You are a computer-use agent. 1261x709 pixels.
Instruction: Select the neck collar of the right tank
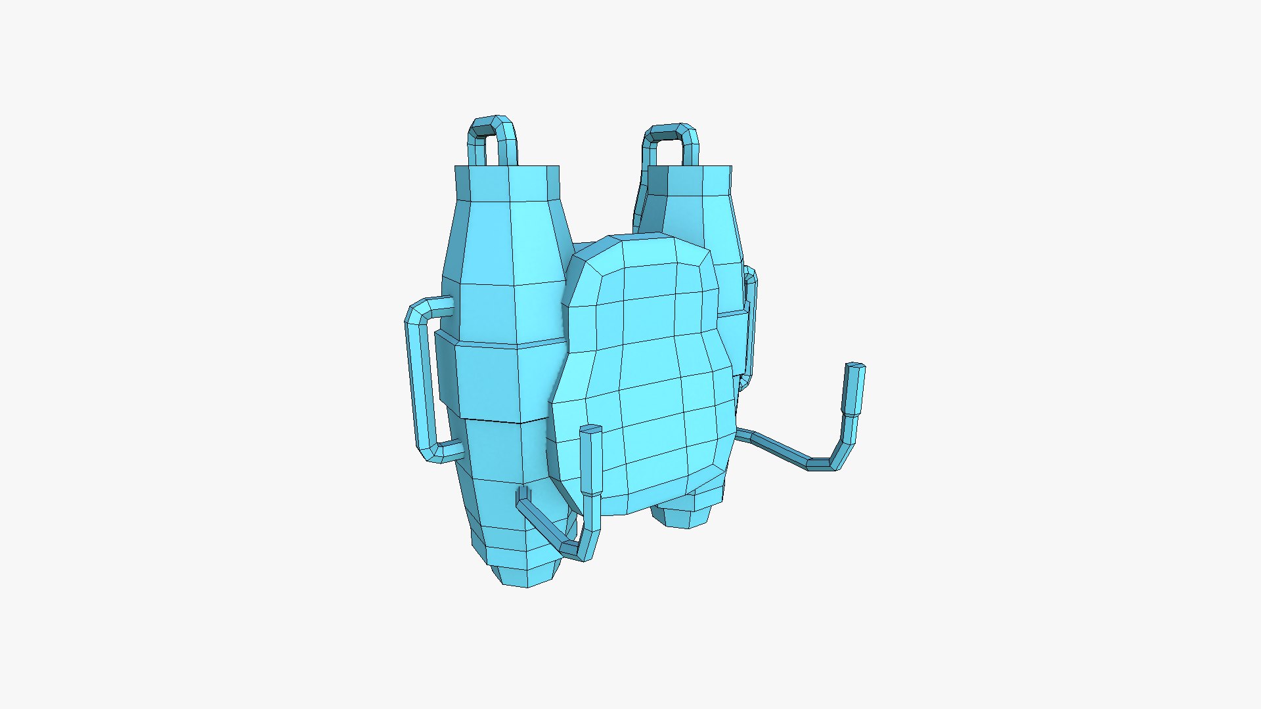click(690, 181)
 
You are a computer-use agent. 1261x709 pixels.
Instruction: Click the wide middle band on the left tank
click(499, 381)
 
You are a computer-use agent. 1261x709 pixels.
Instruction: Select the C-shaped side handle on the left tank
click(420, 381)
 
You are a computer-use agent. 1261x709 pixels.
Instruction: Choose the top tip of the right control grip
click(855, 366)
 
